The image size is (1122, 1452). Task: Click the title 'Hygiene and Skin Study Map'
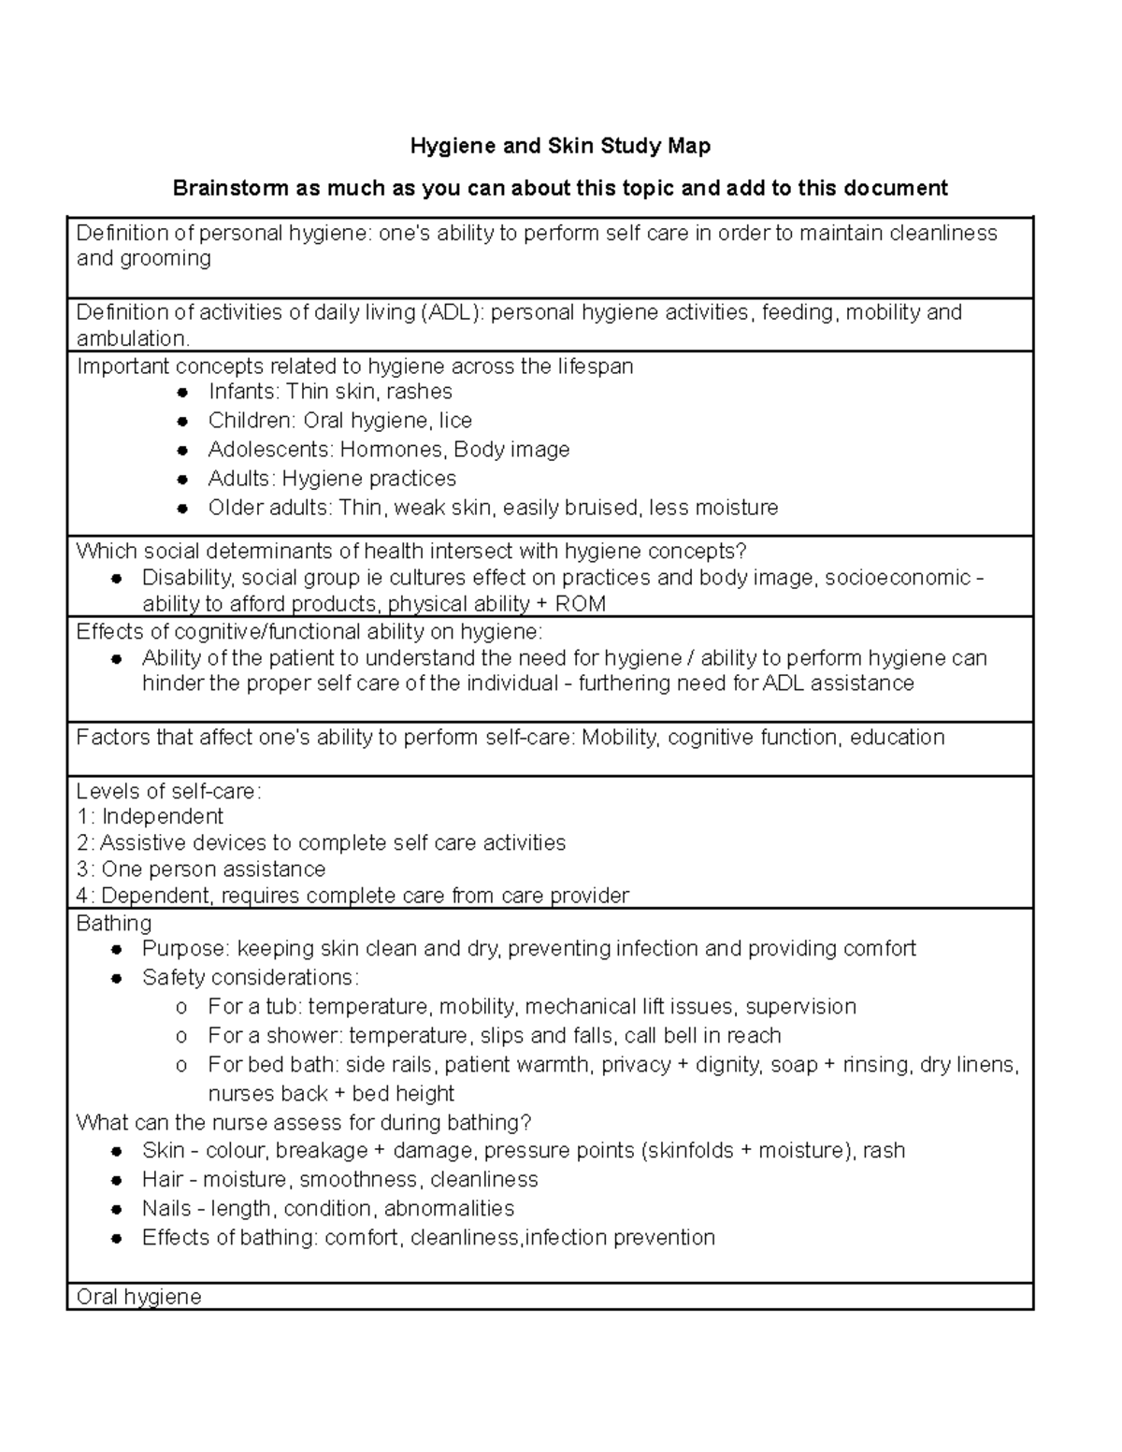coord(561,146)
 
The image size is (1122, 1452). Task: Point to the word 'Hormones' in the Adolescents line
coord(393,450)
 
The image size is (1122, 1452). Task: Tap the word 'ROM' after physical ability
coord(581,604)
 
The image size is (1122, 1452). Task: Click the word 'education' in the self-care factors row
coord(898,738)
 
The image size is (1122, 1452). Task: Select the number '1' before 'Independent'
coord(82,817)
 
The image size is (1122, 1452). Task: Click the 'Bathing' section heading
coord(113,923)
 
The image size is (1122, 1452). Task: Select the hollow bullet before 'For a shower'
coord(181,1036)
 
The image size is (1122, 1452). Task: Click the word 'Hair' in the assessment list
coord(163,1180)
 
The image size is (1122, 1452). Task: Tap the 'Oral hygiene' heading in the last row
coord(138,1297)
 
